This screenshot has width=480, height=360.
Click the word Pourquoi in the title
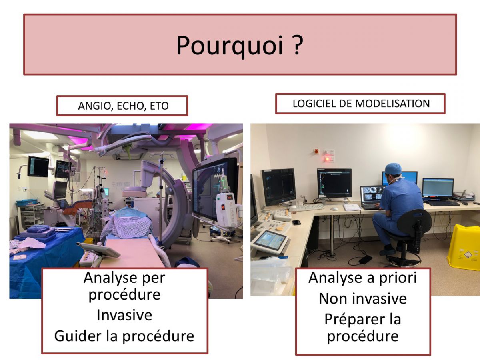click(230, 46)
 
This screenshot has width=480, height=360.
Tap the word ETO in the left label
click(159, 106)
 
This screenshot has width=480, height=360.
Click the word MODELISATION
click(392, 104)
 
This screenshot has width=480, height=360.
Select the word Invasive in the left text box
click(124, 315)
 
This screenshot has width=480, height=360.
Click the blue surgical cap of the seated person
click(393, 169)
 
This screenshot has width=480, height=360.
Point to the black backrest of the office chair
click(414, 222)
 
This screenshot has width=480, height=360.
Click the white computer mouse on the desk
click(334, 209)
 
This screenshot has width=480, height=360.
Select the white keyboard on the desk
click(307, 207)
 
